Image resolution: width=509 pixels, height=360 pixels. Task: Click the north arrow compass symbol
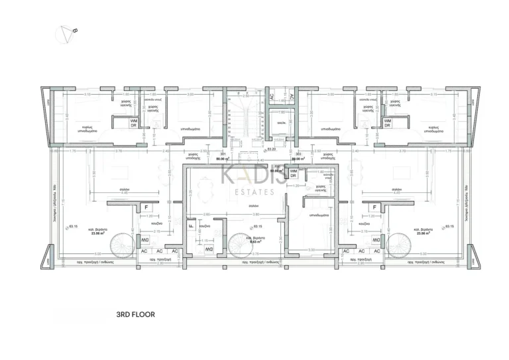tap(68, 34)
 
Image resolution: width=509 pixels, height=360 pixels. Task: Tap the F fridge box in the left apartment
tap(145, 208)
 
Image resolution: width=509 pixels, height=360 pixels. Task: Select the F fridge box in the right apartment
tap(374, 208)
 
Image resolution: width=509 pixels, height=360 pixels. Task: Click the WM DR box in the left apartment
tap(133, 123)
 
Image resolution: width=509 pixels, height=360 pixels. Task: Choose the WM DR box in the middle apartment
tap(293, 174)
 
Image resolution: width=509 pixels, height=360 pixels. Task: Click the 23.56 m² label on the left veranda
tap(88, 233)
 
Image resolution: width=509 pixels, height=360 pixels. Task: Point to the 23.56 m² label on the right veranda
tap(421, 233)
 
